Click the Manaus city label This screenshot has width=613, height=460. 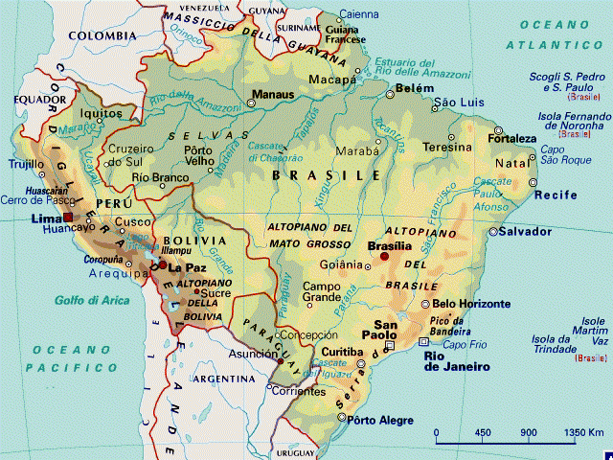coord(271,95)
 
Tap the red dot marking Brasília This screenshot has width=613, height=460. coord(384,257)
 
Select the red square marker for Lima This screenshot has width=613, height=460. coord(68,218)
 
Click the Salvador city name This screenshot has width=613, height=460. coord(527,232)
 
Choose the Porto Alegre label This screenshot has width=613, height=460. coord(382,421)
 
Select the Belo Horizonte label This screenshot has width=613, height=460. coord(465,304)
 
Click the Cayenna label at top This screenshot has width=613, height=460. coord(359,14)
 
